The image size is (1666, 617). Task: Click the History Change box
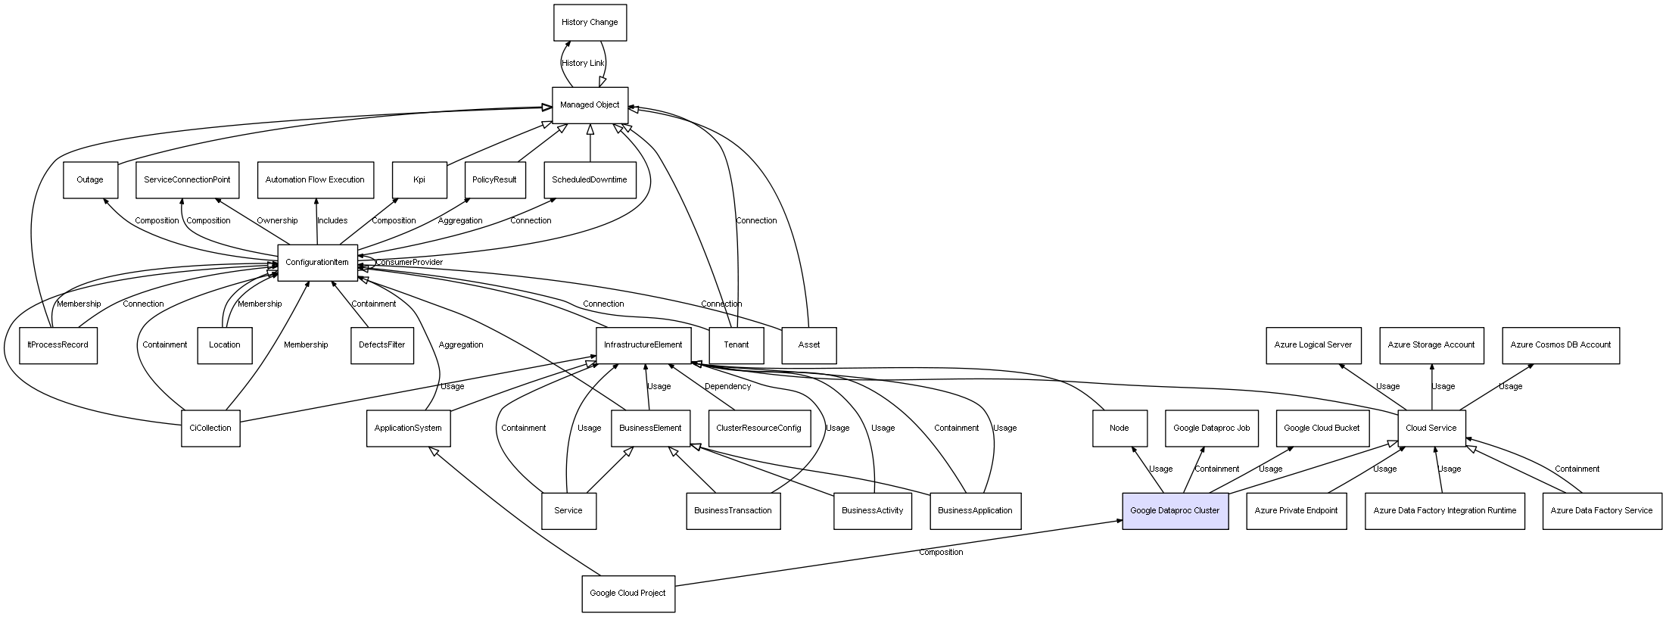click(590, 23)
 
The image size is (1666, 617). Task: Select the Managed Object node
click(590, 105)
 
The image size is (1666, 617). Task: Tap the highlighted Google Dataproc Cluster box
click(1175, 511)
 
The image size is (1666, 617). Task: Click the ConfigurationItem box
click(317, 263)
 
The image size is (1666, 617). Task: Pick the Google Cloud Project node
click(627, 594)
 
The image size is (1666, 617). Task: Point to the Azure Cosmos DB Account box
click(1561, 345)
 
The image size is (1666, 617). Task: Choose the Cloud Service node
click(1431, 428)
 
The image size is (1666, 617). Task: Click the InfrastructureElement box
click(643, 345)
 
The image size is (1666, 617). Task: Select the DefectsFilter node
click(382, 345)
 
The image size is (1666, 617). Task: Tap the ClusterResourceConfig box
click(758, 428)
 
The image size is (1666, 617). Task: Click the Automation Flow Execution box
click(315, 180)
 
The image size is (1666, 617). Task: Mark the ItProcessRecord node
click(58, 345)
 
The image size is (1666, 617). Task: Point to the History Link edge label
click(583, 64)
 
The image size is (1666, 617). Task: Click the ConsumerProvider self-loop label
click(409, 263)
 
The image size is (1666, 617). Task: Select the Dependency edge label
click(727, 387)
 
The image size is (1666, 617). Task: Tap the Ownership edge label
click(277, 221)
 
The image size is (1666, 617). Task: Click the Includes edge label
click(332, 221)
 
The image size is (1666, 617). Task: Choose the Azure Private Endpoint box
click(1296, 511)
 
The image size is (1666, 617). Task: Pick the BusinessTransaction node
click(733, 511)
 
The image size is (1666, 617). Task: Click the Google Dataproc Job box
click(1211, 428)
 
